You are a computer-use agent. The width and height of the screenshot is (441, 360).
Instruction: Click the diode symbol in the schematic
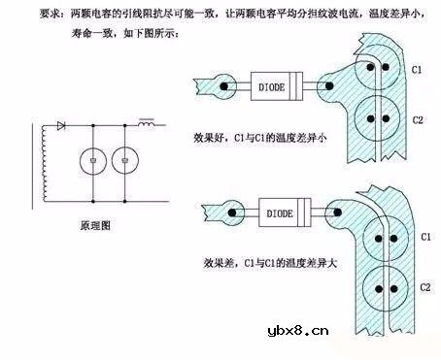pyautogui.click(x=61, y=125)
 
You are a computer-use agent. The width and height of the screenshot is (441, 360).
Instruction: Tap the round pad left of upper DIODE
pyautogui.click(x=224, y=85)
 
